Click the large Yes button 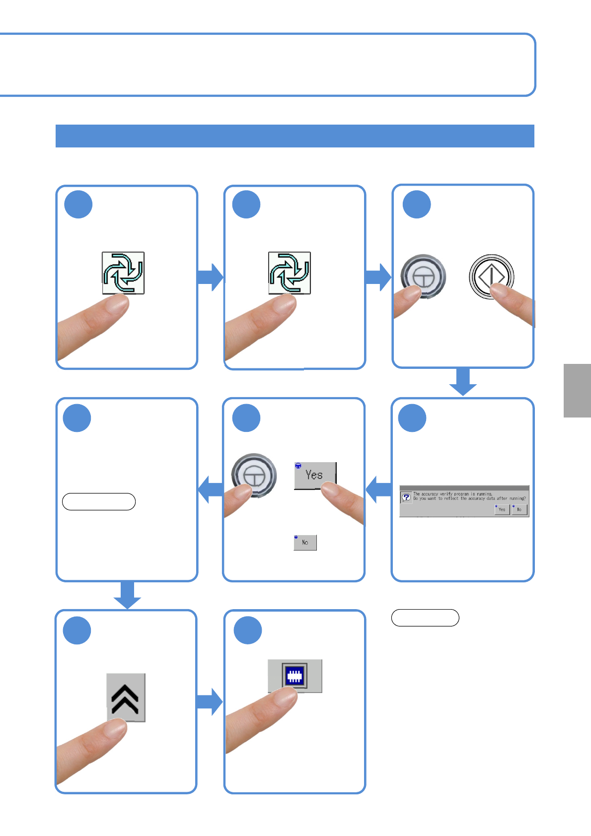click(x=315, y=475)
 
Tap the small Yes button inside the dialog click(x=502, y=509)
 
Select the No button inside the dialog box click(x=519, y=509)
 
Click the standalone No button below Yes click(x=305, y=543)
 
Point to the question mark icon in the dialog click(x=406, y=497)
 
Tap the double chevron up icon click(x=126, y=697)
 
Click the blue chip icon click(x=295, y=676)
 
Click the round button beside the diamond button click(x=423, y=276)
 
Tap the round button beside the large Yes click(x=254, y=475)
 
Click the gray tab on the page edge click(x=577, y=391)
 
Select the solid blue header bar click(x=295, y=136)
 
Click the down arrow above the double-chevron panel click(x=127, y=595)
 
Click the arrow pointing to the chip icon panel click(x=210, y=701)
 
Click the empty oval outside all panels click(x=425, y=618)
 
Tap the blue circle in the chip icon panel click(x=248, y=630)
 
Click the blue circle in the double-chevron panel click(x=77, y=630)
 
